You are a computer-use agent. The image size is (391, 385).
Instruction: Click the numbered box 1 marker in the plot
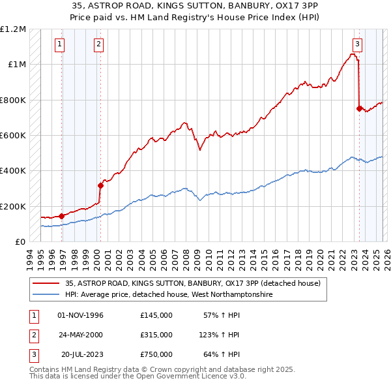point(59,44)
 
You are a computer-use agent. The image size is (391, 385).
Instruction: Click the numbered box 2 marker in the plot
point(98,44)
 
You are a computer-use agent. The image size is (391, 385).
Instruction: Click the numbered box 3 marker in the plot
point(358,44)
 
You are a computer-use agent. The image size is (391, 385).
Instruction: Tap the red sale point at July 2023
point(359,109)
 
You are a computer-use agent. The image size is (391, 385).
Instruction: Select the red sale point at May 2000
point(100,185)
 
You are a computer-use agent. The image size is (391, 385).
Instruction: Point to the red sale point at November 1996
point(61,216)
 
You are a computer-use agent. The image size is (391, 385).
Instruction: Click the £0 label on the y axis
point(20,242)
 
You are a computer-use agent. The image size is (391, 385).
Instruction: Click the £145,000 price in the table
point(156,315)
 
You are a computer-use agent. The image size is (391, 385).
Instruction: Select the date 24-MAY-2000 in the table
point(80,335)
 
